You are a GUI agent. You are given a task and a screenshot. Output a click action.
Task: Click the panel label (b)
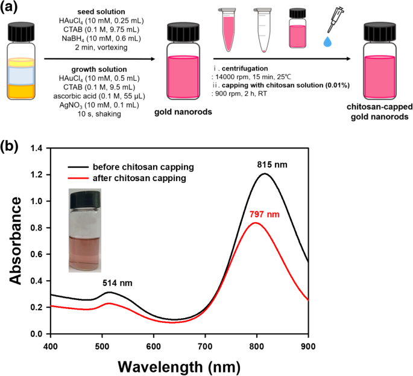(x=13, y=147)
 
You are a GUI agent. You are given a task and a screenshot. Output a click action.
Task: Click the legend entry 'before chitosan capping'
(x=130, y=167)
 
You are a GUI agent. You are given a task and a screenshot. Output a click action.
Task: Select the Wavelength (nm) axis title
(x=179, y=365)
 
